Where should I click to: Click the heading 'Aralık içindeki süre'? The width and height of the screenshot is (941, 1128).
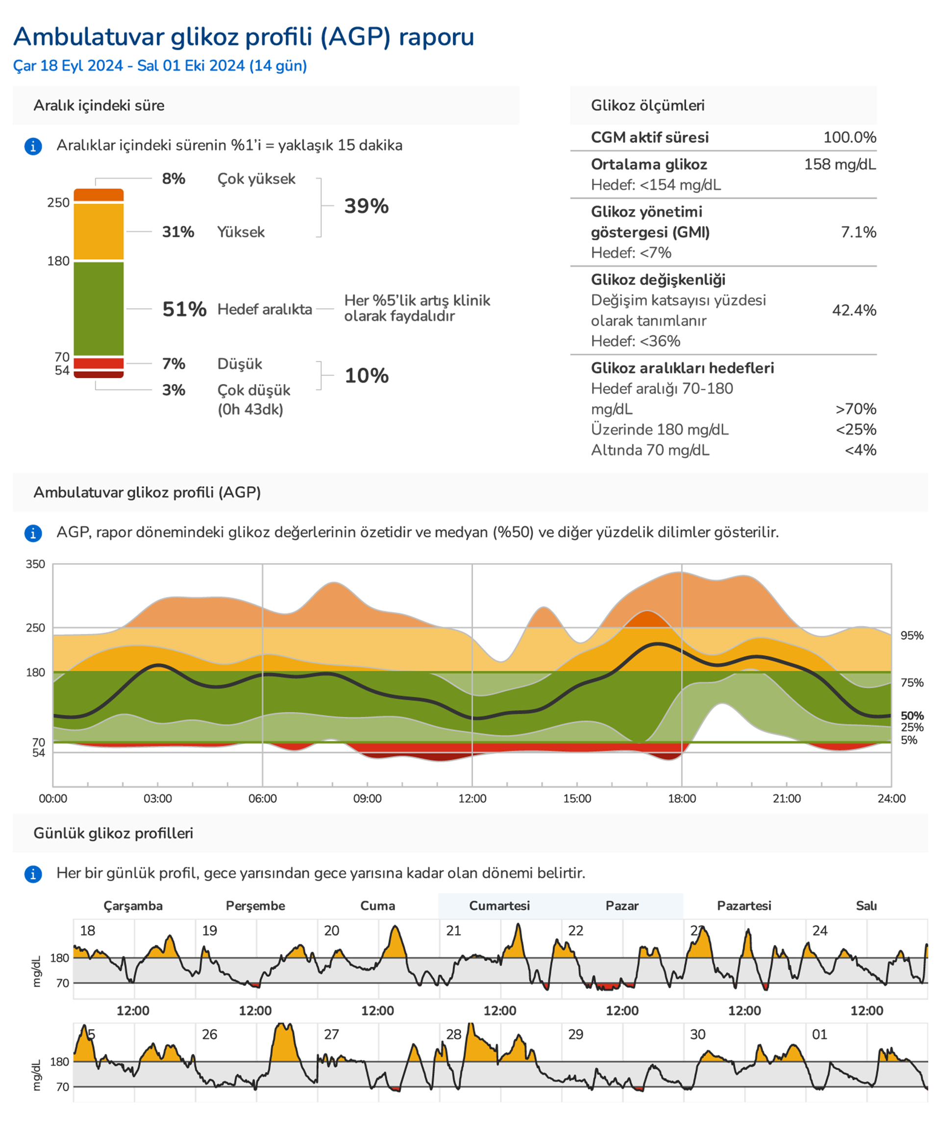click(x=99, y=105)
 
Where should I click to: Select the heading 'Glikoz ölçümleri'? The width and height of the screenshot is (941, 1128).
click(x=647, y=105)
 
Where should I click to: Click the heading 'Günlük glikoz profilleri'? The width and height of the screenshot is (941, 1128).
click(x=113, y=833)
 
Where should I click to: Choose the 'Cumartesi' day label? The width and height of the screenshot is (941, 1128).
click(x=499, y=906)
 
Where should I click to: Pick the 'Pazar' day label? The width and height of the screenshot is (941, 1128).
click(x=622, y=906)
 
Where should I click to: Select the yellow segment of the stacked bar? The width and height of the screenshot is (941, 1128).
click(x=99, y=232)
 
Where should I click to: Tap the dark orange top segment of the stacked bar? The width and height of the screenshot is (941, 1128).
click(x=99, y=195)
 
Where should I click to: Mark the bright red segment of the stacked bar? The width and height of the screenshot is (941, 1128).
click(x=99, y=363)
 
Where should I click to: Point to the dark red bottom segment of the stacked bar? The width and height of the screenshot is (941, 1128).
click(x=99, y=374)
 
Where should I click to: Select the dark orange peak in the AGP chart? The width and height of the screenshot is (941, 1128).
click(x=647, y=619)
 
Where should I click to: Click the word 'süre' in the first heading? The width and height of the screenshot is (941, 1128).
click(x=149, y=105)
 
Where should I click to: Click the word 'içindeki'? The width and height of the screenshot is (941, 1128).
click(x=105, y=105)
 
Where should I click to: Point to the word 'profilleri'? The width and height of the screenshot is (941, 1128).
click(x=163, y=833)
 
